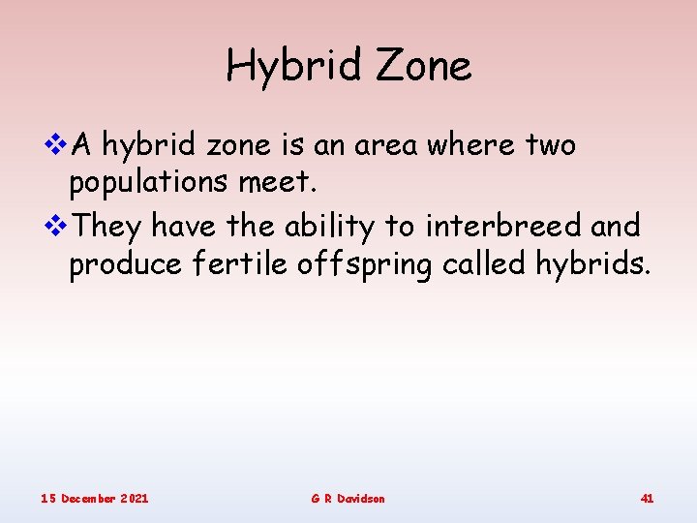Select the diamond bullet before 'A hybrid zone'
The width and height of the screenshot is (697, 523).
(x=57, y=145)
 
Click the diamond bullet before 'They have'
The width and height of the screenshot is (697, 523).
(x=57, y=226)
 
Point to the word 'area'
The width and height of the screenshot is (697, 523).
(x=388, y=146)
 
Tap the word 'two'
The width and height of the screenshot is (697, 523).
(x=551, y=146)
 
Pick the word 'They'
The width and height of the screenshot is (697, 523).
(x=108, y=227)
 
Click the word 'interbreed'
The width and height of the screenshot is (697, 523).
(x=501, y=226)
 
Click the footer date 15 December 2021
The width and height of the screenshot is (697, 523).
(x=94, y=498)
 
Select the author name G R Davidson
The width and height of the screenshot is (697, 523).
(x=348, y=498)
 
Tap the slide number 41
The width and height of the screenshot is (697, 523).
(x=647, y=498)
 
